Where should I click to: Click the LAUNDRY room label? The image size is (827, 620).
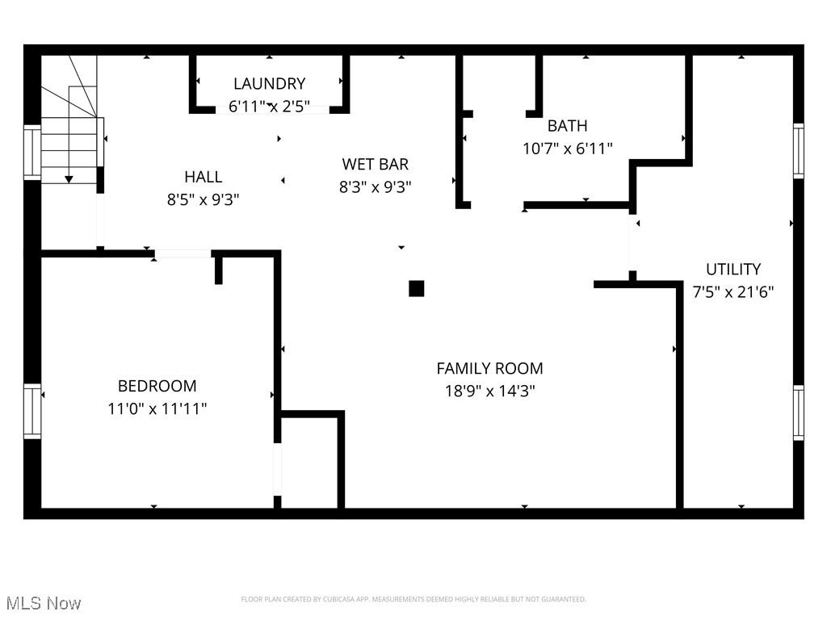pos(269,83)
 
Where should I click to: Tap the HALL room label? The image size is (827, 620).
pos(203,177)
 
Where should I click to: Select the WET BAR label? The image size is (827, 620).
pos(375,164)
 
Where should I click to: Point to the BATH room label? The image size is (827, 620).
pos(567,126)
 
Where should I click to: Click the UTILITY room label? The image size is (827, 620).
pos(733,270)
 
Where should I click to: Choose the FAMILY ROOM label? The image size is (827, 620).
pos(489,369)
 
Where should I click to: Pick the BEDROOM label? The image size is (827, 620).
pos(157,386)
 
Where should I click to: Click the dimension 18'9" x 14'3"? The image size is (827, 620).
pos(489,392)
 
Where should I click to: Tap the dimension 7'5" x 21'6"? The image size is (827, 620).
pos(733,292)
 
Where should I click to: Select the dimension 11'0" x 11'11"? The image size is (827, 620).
pos(157,409)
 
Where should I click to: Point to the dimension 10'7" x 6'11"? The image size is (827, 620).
pos(567,149)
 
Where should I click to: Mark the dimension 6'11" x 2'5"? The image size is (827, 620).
pos(269,106)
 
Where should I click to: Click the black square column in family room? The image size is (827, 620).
pos(416,288)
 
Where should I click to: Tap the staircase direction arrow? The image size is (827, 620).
pos(69,178)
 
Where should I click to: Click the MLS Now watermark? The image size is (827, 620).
pos(43,603)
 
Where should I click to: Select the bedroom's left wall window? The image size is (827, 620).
pos(32,412)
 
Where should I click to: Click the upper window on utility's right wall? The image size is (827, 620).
pos(798,150)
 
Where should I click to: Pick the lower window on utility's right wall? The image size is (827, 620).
pos(798,412)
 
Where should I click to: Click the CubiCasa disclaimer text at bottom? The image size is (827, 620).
pos(413,599)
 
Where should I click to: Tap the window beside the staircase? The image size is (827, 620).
pos(32,152)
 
